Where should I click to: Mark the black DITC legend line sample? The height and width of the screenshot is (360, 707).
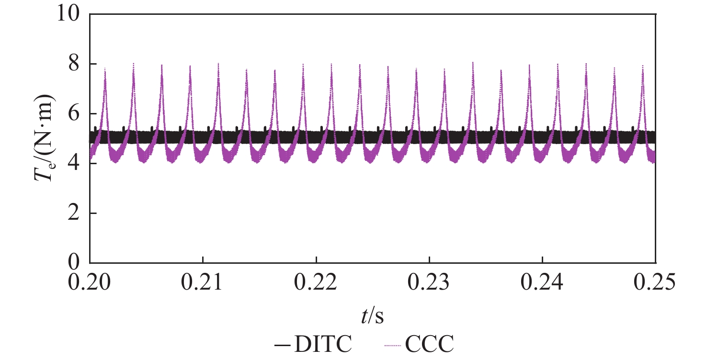point(280,344)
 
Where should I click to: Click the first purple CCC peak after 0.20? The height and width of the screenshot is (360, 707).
point(105,69)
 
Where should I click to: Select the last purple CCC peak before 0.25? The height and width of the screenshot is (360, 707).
point(643,66)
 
